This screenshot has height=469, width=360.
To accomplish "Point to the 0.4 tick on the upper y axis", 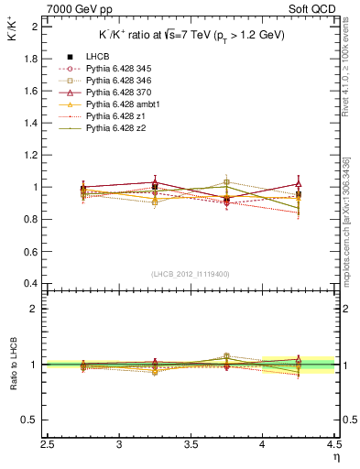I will tap(33, 282).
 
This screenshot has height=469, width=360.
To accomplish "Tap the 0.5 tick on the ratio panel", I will tap(33, 420).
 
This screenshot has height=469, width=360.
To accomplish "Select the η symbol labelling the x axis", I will tap(335, 455).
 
